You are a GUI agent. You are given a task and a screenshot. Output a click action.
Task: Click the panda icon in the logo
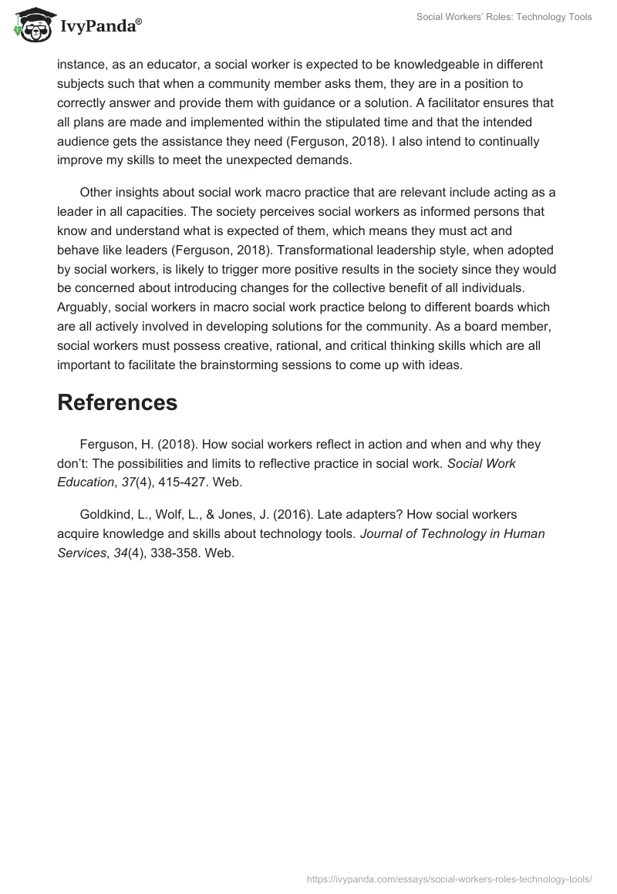point(30,24)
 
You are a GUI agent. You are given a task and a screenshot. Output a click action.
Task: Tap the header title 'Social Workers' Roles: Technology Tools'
point(504,17)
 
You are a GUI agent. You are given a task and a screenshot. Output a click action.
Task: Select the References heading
point(117,402)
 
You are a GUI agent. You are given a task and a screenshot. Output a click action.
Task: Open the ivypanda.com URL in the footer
point(448,878)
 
